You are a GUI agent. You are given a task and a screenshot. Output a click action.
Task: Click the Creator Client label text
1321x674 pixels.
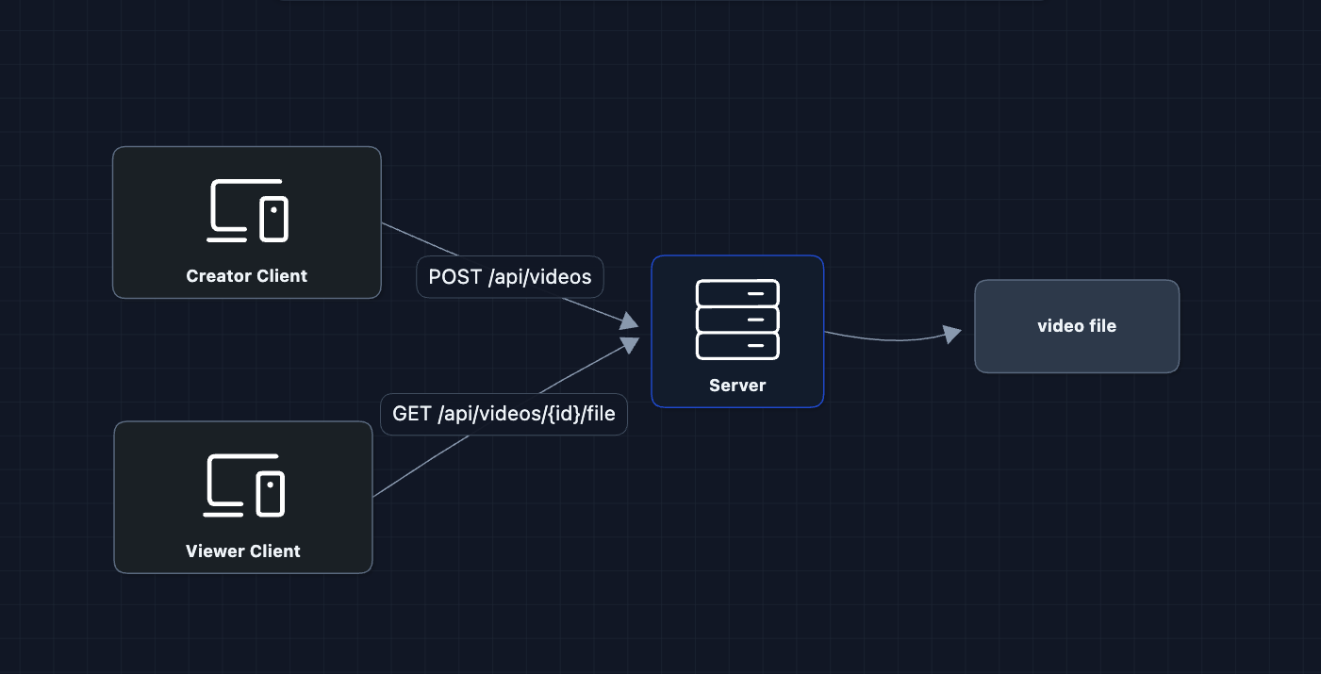[x=246, y=276]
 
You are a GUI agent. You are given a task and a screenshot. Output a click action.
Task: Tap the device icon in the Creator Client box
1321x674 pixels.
[x=247, y=209]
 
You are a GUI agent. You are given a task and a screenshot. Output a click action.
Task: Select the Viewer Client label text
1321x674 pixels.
[x=243, y=551]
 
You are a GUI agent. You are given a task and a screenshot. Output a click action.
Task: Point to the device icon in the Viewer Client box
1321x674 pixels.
[x=245, y=485]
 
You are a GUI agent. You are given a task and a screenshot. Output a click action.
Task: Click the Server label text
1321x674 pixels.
[x=737, y=386]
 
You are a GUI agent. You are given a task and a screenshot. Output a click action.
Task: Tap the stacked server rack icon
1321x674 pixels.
[x=737, y=320]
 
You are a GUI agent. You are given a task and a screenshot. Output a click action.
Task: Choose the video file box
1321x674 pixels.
[x=1076, y=326]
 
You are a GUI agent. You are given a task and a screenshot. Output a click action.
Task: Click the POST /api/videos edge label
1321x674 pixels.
[x=510, y=277]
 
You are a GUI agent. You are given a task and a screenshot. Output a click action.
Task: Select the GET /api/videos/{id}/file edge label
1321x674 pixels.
[x=504, y=415]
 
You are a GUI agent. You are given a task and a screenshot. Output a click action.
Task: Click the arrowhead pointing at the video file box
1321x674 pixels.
[x=952, y=333]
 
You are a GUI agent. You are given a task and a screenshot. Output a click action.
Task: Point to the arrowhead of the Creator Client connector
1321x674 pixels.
[x=630, y=322]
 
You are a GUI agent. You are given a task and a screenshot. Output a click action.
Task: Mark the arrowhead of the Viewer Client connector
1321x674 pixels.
[x=630, y=346]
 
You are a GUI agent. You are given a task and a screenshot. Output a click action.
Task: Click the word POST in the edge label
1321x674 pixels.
[x=455, y=277]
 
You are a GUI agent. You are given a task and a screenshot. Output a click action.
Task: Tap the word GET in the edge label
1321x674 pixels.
[x=412, y=415]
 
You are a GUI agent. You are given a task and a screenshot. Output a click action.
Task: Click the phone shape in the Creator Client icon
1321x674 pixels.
[x=273, y=219]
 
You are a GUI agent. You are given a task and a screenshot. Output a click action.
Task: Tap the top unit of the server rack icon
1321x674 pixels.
[x=737, y=293]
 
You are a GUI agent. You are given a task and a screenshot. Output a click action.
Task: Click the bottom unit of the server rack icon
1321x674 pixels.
[x=737, y=346]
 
